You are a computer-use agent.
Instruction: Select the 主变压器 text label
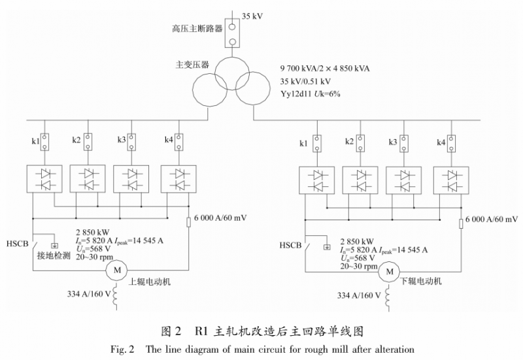click(192, 65)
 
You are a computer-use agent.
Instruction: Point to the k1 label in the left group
click(36, 141)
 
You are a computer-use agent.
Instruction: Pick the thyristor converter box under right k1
click(316, 181)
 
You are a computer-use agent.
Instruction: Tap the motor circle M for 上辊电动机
click(118, 269)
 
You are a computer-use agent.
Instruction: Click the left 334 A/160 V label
click(83, 293)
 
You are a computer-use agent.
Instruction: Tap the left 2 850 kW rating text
click(92, 232)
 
